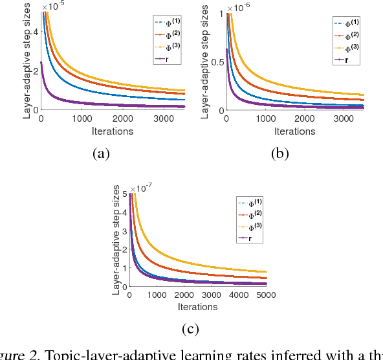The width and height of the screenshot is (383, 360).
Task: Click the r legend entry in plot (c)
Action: [x=247, y=238]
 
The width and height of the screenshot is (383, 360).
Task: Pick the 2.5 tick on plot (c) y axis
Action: [x=123, y=242]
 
